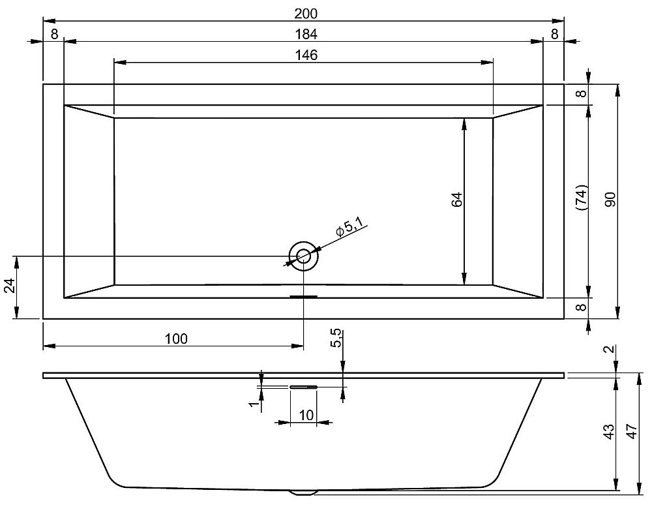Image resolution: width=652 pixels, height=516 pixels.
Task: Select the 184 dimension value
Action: tap(304, 34)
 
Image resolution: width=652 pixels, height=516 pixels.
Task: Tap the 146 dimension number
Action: tap(304, 55)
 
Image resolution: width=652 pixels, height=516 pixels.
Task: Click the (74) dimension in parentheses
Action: tap(582, 197)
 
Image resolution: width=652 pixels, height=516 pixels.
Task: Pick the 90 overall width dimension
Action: tap(610, 200)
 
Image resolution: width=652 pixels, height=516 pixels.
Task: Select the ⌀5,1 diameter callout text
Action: tap(349, 229)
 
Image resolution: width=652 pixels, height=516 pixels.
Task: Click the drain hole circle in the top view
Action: tap(303, 256)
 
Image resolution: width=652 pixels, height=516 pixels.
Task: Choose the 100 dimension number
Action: tap(176, 339)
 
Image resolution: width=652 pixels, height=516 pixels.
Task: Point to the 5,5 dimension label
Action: tap(336, 339)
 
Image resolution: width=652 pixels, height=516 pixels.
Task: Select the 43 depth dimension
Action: tap(608, 432)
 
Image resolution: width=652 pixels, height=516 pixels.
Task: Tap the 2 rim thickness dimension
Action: tap(608, 350)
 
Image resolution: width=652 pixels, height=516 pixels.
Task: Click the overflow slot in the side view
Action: tap(303, 387)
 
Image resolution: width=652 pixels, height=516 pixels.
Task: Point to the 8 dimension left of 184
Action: tap(53, 34)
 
